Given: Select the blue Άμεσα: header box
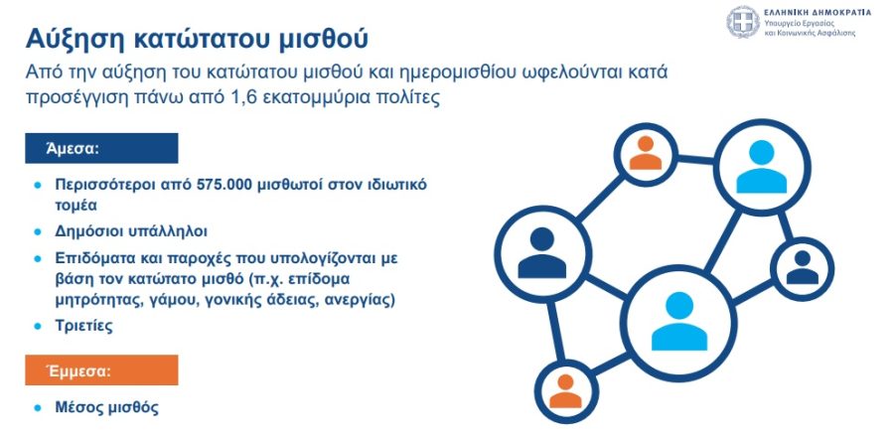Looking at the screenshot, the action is tap(101, 148).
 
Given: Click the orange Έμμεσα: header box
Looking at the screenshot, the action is tap(101, 370).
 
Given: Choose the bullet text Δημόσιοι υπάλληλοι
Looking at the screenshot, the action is tap(131, 231).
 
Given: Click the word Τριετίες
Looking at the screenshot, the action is tap(83, 326).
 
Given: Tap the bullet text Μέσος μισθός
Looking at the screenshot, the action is tap(106, 408).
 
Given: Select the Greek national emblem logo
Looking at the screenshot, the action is tap(743, 22).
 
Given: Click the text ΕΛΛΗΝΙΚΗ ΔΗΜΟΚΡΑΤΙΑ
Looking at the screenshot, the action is tap(818, 13).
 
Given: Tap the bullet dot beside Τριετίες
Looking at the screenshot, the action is tap(38, 326).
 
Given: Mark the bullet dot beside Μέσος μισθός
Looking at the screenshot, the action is tap(38, 408).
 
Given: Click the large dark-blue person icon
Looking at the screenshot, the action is tap(541, 253).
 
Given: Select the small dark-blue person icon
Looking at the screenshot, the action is tap(803, 267).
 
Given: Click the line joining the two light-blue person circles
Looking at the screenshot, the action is tap(723, 241).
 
